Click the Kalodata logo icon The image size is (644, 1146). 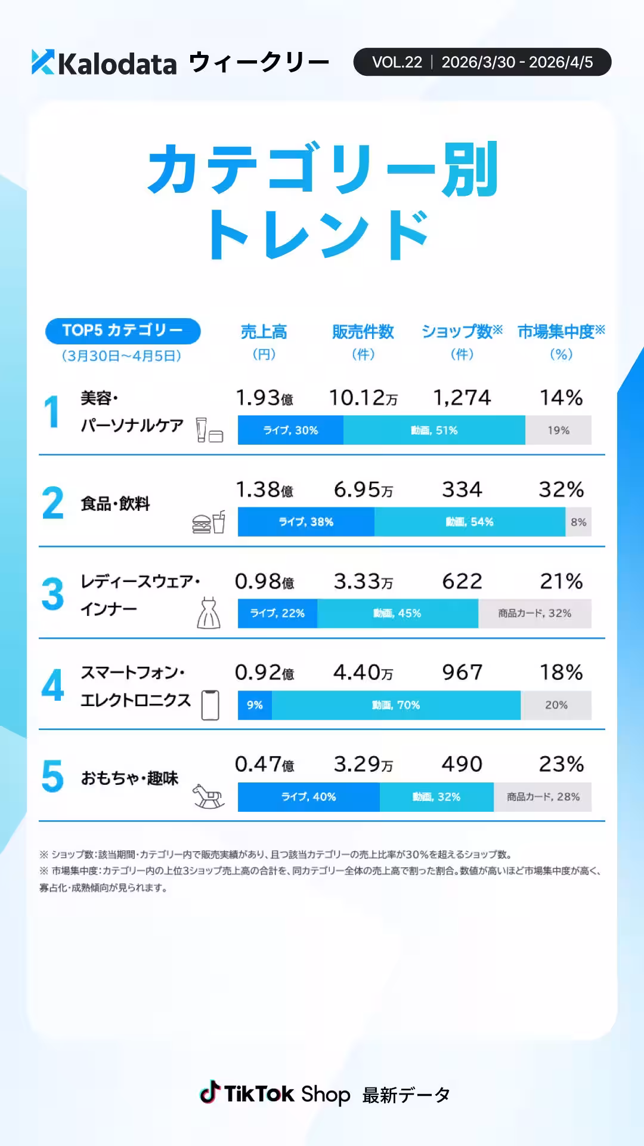coord(43,62)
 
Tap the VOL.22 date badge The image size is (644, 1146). coord(482,62)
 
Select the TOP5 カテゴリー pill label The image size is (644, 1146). coord(123,331)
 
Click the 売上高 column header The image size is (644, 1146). coord(264,332)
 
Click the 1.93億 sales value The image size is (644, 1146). coord(264,398)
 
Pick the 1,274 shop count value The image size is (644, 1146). coord(462,398)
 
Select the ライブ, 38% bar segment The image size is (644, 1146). coord(306,522)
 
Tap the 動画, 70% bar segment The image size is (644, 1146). coord(396,705)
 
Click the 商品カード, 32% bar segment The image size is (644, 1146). coord(534,614)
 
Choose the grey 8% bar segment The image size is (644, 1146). coord(578,522)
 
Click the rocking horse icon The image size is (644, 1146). coord(208,796)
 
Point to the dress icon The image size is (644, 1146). coord(208,613)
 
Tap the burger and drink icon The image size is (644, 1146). coord(209,523)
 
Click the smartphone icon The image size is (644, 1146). coord(210,705)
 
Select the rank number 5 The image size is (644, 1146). coord(52,776)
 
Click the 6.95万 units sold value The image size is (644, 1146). coord(363,490)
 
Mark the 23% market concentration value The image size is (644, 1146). coord(561,765)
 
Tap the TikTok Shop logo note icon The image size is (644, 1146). coord(209,1093)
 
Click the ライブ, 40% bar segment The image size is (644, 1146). coord(308,797)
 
